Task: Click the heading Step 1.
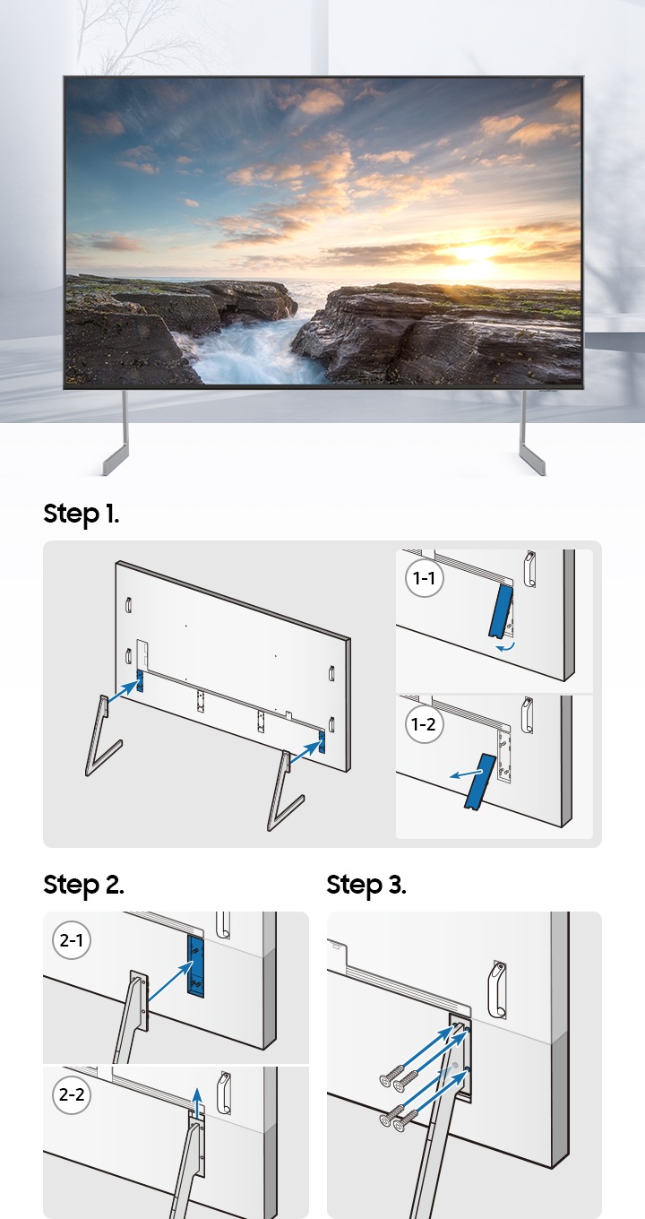click(81, 514)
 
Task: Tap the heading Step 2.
click(83, 885)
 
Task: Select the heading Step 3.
click(366, 885)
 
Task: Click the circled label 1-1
click(425, 578)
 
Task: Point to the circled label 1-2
click(425, 724)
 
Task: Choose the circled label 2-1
click(72, 940)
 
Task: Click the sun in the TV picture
click(472, 254)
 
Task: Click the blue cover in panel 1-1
click(501, 610)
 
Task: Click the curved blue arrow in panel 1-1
click(506, 647)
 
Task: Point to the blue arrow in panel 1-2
click(467, 774)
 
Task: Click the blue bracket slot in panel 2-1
click(195, 966)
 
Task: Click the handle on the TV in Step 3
click(497, 990)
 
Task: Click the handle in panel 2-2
click(224, 1093)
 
